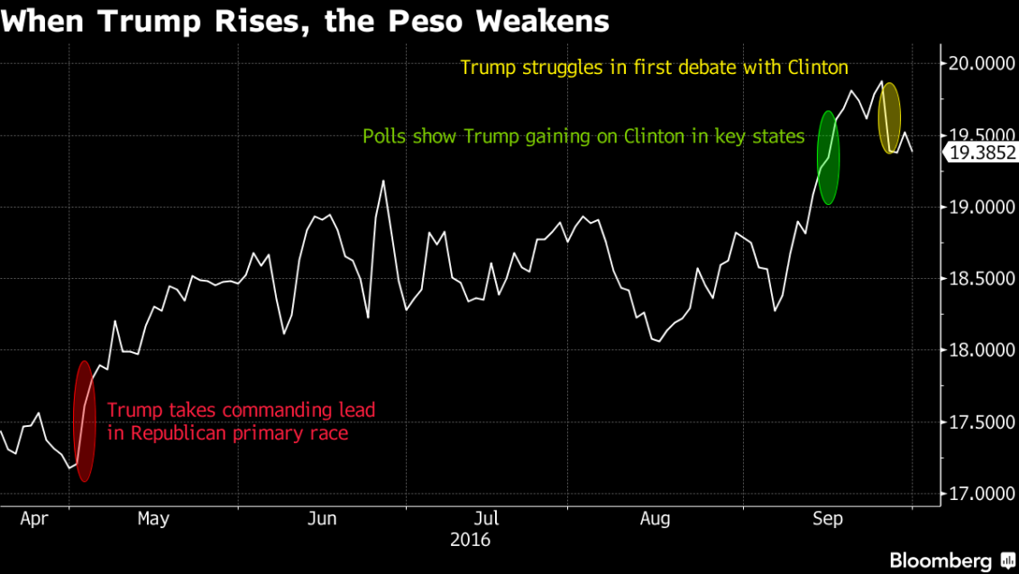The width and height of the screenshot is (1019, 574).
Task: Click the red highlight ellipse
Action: coord(84,421)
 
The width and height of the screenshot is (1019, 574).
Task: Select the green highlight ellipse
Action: coord(828,157)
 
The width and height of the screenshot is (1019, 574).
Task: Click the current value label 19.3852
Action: coord(980,154)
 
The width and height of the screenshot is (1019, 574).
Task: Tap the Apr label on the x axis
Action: coord(32,519)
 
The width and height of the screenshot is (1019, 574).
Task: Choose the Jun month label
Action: coord(322,519)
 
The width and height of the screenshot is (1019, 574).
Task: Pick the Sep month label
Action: coord(828,519)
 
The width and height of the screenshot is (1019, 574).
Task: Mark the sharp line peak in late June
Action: coord(383,181)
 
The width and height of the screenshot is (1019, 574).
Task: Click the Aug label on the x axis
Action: coord(655,519)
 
